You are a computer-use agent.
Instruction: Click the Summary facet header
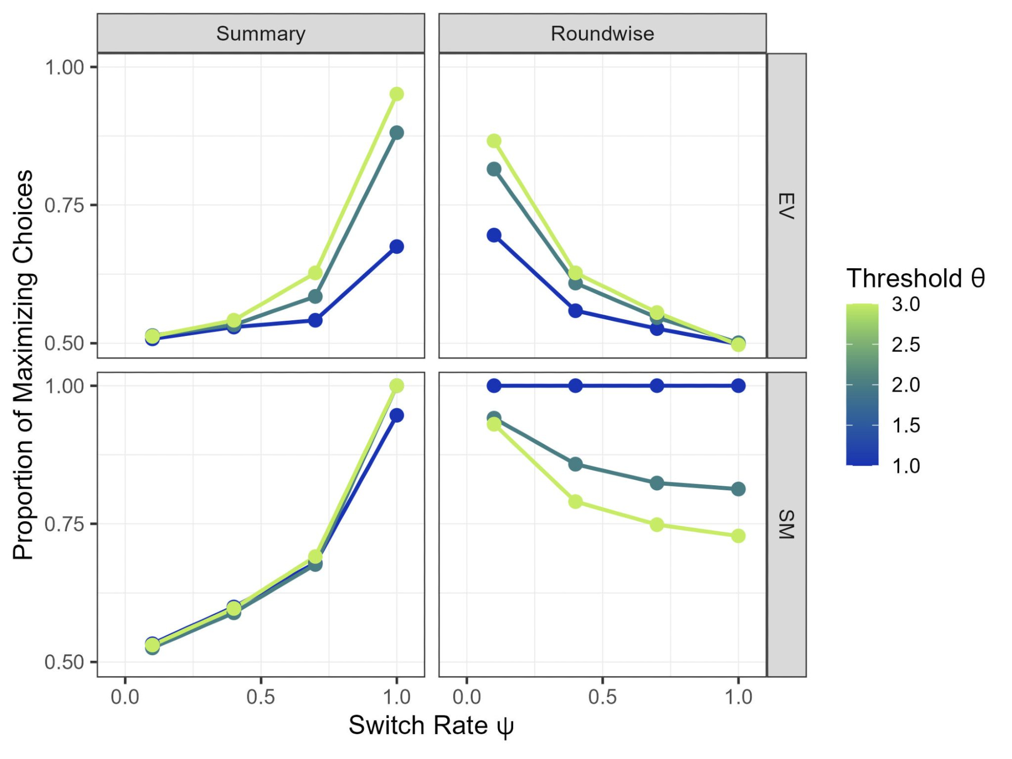pyautogui.click(x=261, y=34)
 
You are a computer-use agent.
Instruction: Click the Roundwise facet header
pyautogui.click(x=602, y=34)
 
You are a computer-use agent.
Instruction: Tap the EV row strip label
pyautogui.click(x=786, y=206)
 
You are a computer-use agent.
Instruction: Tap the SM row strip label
pyautogui.click(x=786, y=524)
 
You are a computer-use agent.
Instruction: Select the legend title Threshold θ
pyautogui.click(x=915, y=278)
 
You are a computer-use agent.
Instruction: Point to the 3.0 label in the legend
pyautogui.click(x=906, y=304)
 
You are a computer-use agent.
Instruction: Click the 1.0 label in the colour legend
pyautogui.click(x=906, y=466)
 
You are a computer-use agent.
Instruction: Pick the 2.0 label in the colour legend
pyautogui.click(x=906, y=385)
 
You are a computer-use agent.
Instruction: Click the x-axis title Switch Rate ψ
pyautogui.click(x=431, y=726)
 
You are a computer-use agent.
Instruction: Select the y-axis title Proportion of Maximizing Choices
pyautogui.click(x=23, y=364)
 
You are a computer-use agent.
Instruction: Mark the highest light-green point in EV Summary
pyautogui.click(x=397, y=94)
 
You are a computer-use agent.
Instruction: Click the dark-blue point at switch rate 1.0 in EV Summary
pyautogui.click(x=397, y=247)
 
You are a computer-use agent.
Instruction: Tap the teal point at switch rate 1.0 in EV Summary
pyautogui.click(x=397, y=133)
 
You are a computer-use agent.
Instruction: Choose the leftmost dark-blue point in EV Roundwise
pyautogui.click(x=494, y=235)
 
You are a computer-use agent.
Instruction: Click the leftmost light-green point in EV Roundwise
pyautogui.click(x=494, y=141)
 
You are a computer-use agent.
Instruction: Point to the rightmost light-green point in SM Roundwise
pyautogui.click(x=738, y=536)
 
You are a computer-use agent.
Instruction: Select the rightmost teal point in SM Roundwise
pyautogui.click(x=738, y=489)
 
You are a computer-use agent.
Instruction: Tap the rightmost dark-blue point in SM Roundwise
pyautogui.click(x=738, y=386)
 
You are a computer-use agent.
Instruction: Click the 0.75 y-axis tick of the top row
pyautogui.click(x=64, y=205)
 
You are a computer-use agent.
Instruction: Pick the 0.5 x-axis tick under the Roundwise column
pyautogui.click(x=602, y=697)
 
